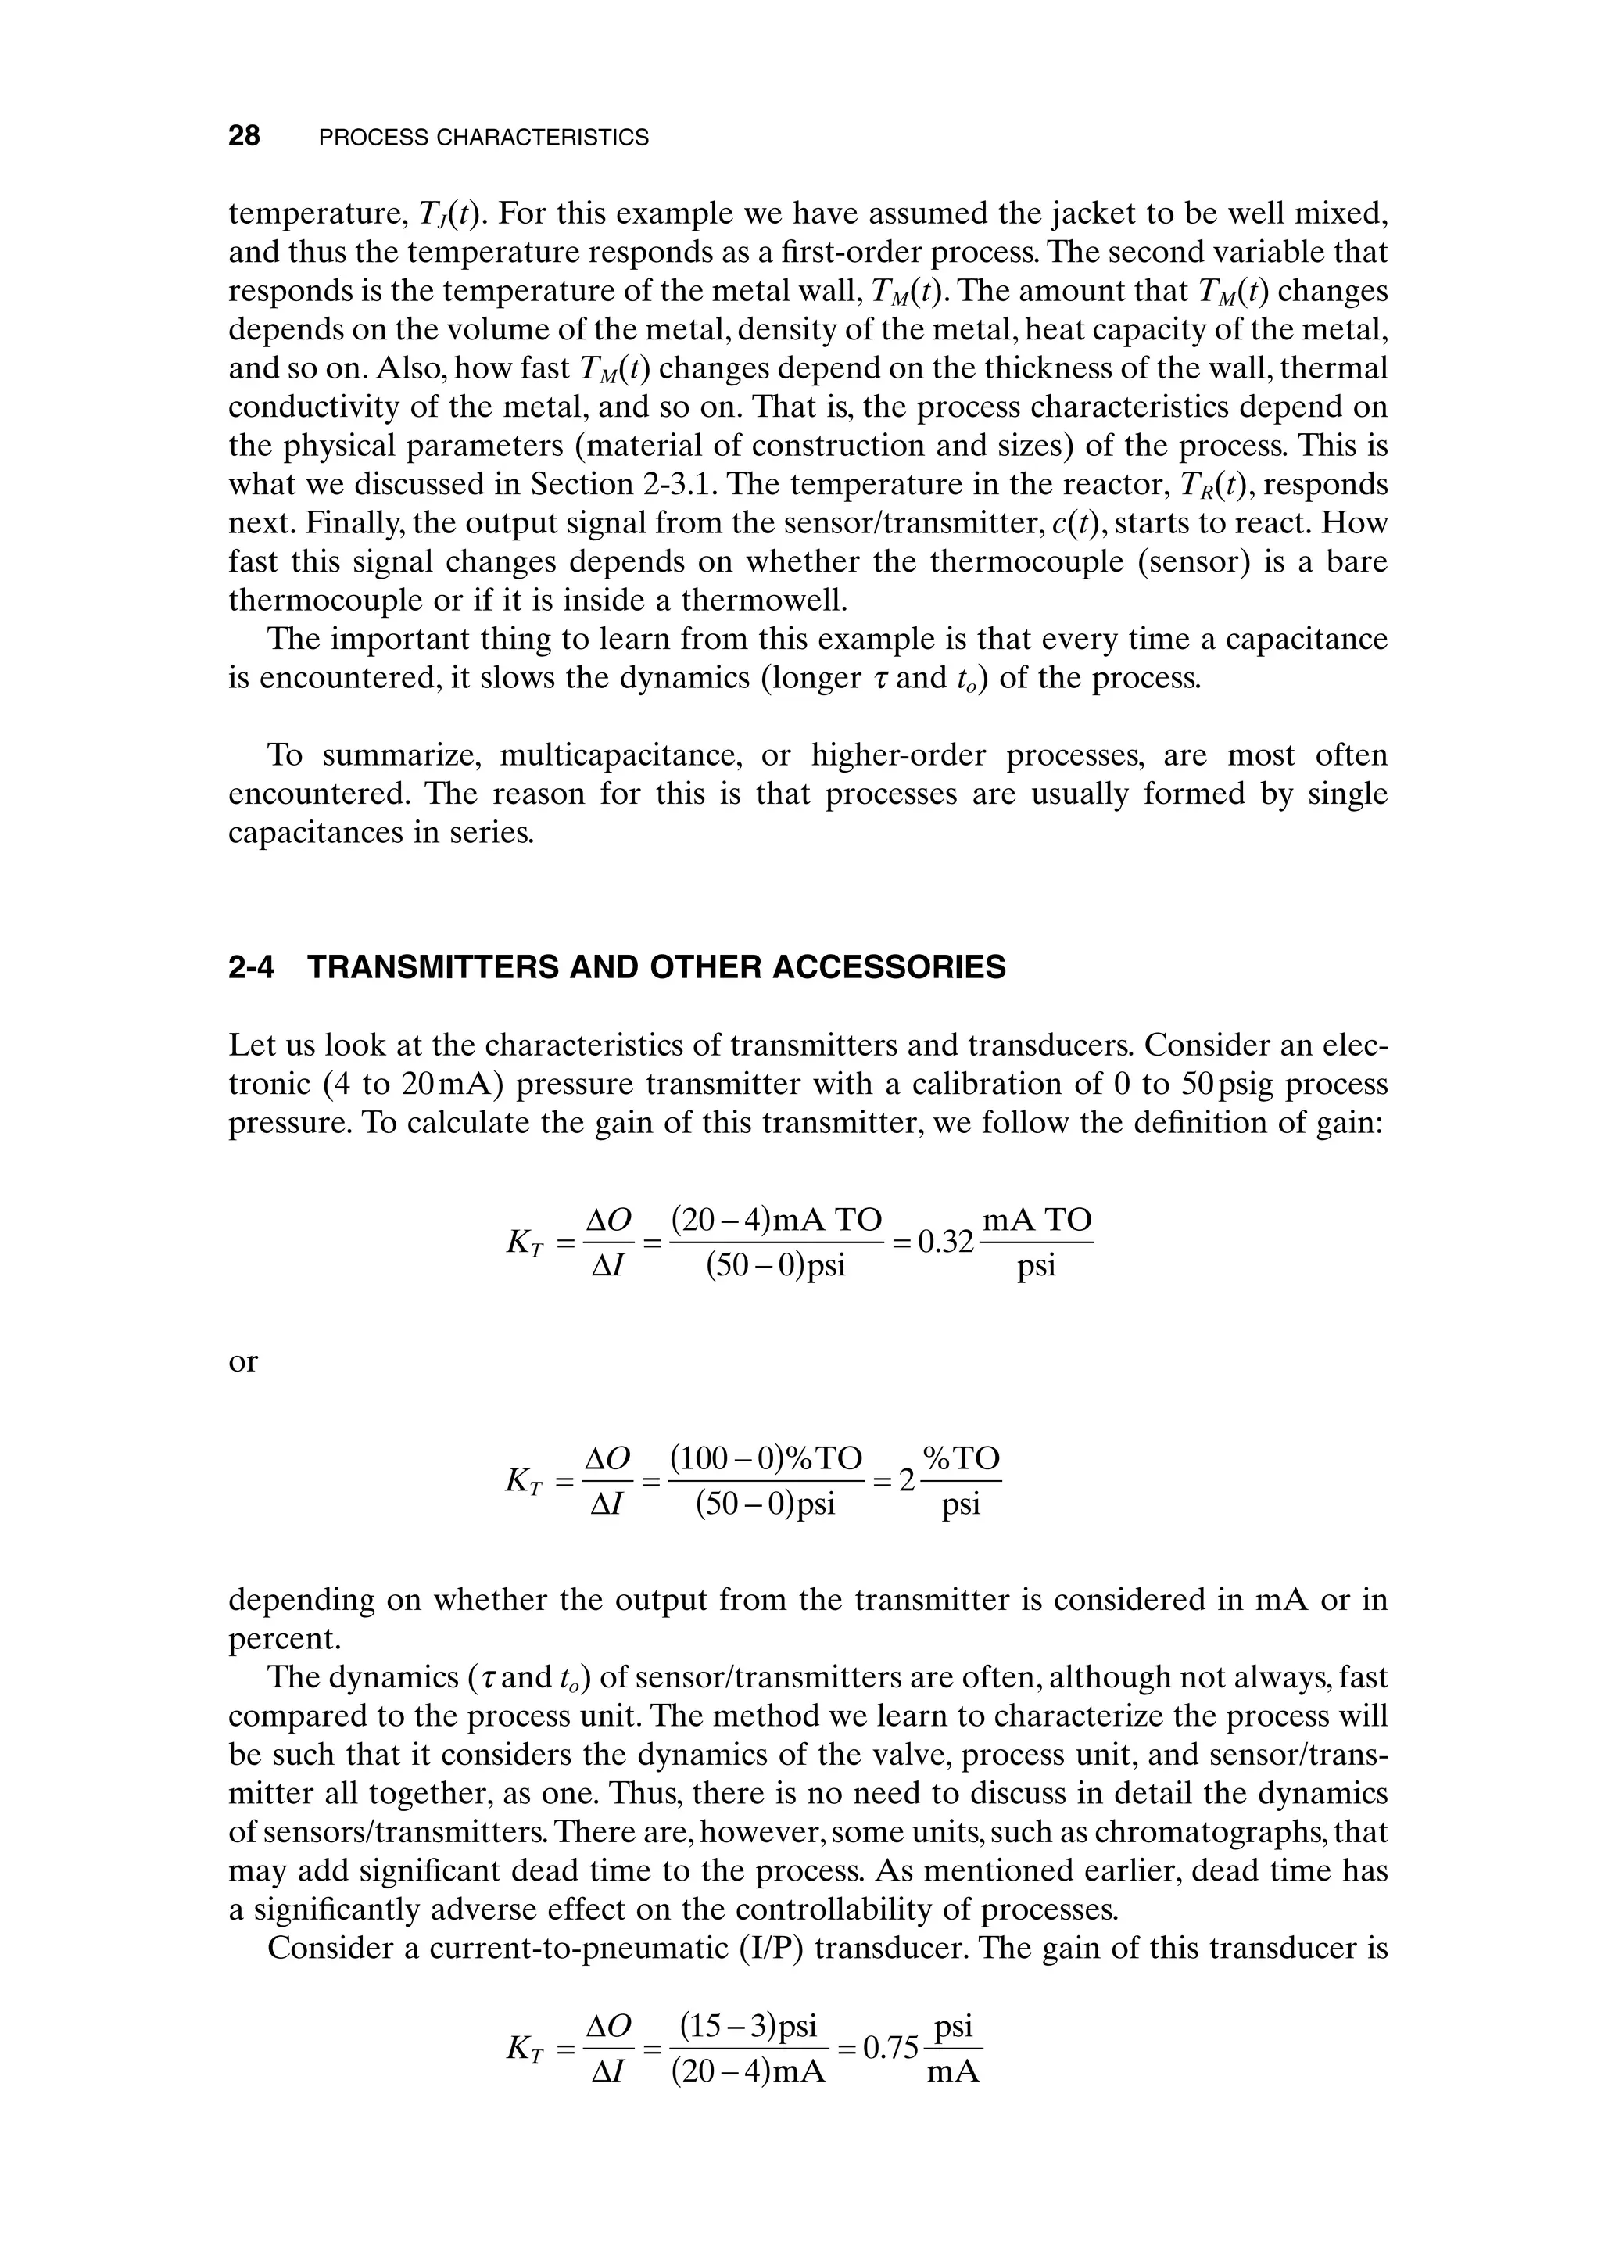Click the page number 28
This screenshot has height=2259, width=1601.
tap(245, 136)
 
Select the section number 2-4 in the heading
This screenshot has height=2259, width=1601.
tap(250, 967)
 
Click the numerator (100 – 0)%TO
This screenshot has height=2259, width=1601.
tap(766, 1458)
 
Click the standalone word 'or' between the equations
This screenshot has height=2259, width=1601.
tap(242, 1361)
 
